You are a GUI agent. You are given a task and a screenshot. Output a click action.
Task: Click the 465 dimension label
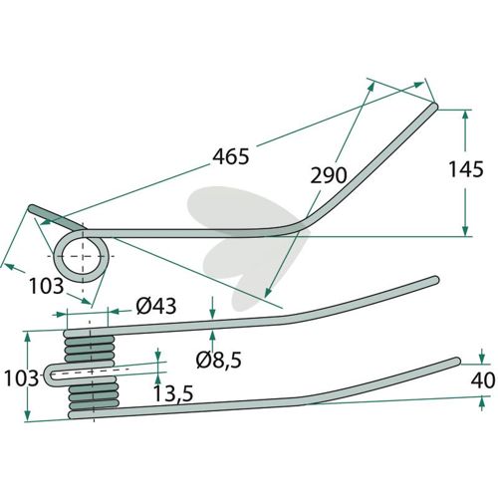[230, 156]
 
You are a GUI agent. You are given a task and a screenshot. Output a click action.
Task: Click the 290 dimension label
[329, 175]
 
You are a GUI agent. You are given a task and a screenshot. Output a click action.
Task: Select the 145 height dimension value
[466, 169]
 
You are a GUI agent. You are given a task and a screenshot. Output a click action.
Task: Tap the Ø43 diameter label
[155, 306]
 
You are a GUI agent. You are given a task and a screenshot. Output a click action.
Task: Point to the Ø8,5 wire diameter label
[218, 360]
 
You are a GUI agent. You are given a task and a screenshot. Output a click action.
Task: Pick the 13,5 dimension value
[173, 394]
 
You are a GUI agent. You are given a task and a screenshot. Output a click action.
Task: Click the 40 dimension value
[483, 380]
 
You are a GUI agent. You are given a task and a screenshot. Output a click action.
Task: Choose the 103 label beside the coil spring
[21, 378]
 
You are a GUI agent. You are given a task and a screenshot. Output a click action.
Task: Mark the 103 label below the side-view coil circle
[46, 286]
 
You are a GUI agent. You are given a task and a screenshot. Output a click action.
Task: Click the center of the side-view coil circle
[82, 256]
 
